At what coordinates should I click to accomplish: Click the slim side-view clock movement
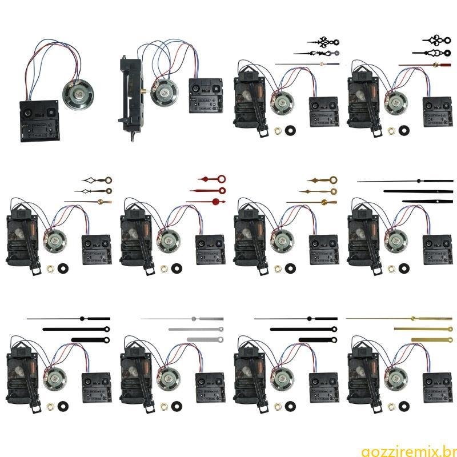[x=131, y=98]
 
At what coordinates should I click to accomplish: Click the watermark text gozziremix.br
[x=408, y=451]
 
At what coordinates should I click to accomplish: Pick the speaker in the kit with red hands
[x=169, y=241]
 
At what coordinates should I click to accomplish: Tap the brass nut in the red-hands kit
[x=164, y=268]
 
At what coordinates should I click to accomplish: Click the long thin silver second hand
[x=182, y=319]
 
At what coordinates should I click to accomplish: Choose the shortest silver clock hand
[x=205, y=339]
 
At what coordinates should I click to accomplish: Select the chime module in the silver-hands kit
[x=210, y=388]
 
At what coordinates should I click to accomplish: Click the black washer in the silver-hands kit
[x=176, y=406]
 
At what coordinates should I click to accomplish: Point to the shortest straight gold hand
[x=432, y=339]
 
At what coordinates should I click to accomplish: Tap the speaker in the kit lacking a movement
[x=78, y=95]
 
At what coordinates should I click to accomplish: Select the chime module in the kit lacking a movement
[x=39, y=121]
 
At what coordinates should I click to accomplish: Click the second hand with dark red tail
[x=425, y=65]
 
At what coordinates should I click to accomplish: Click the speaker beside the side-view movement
[x=165, y=93]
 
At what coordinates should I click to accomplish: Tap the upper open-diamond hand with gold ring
[x=97, y=180]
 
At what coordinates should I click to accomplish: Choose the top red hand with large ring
[x=212, y=179]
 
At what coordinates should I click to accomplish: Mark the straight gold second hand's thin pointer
[x=378, y=318]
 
